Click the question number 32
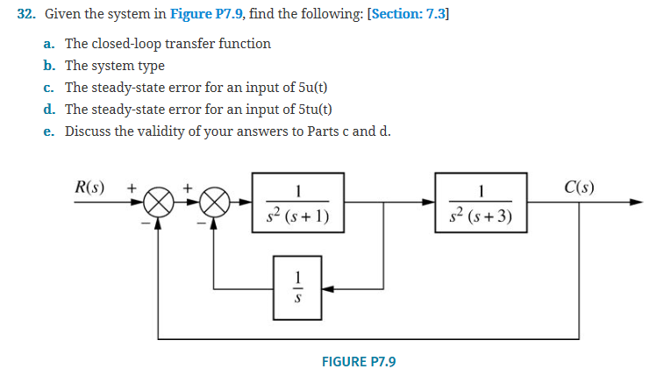click(x=29, y=15)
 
